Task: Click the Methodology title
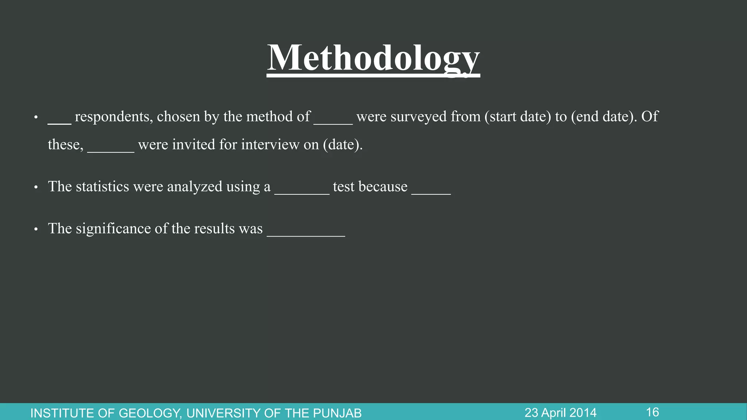(x=373, y=58)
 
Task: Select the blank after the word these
(x=111, y=150)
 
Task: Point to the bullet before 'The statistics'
(x=36, y=187)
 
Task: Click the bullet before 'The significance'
(x=36, y=229)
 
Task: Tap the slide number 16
(x=653, y=412)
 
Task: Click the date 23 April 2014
(x=561, y=413)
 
